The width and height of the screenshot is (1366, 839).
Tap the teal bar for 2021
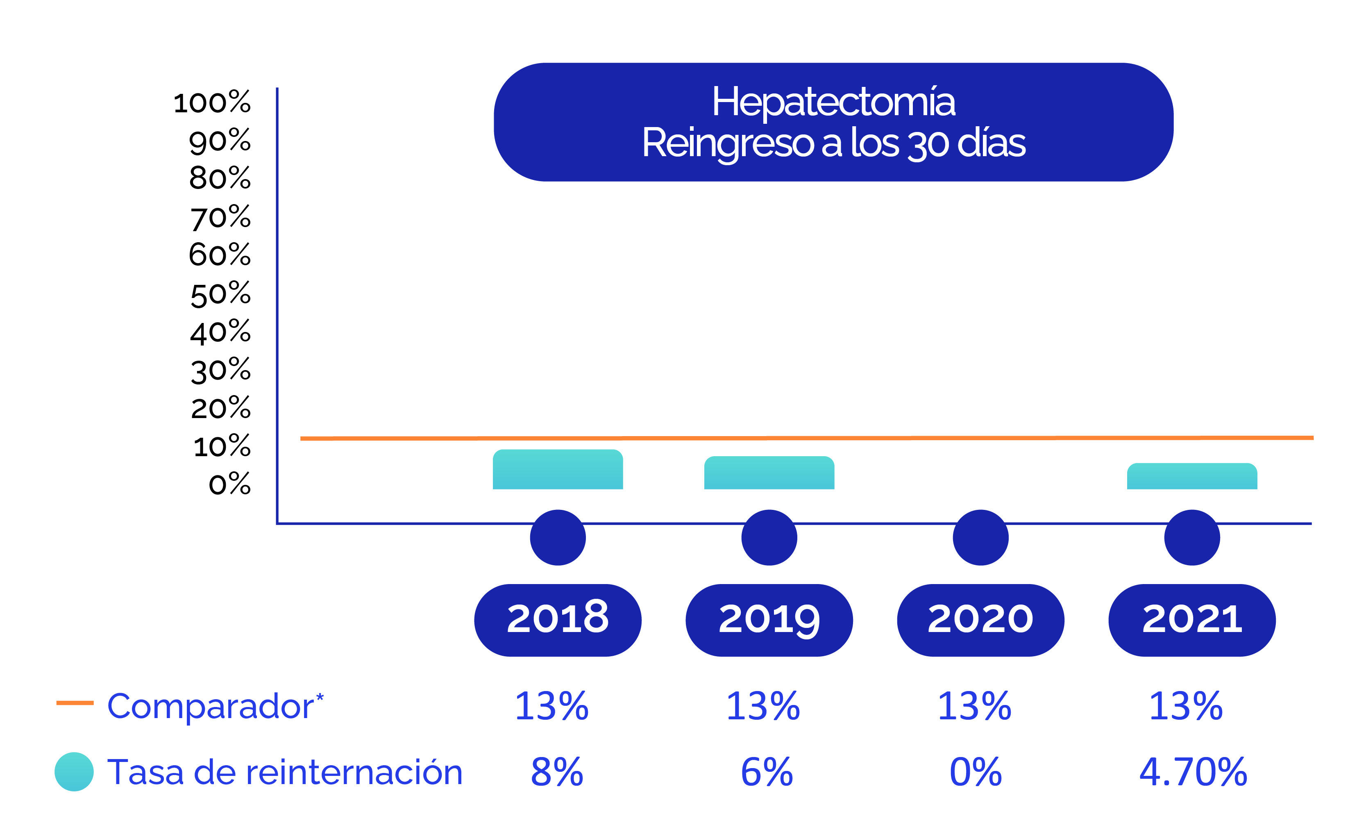click(x=1192, y=476)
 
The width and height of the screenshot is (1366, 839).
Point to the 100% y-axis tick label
click(x=212, y=102)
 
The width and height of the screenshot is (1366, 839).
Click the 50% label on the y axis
click(x=220, y=294)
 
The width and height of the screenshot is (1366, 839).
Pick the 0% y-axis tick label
click(x=229, y=484)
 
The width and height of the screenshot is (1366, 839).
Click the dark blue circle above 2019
click(x=769, y=537)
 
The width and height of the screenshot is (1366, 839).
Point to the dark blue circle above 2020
click(x=980, y=537)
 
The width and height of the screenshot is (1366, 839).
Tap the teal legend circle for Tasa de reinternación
click(x=74, y=771)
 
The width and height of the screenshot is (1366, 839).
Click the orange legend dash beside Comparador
click(x=75, y=703)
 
